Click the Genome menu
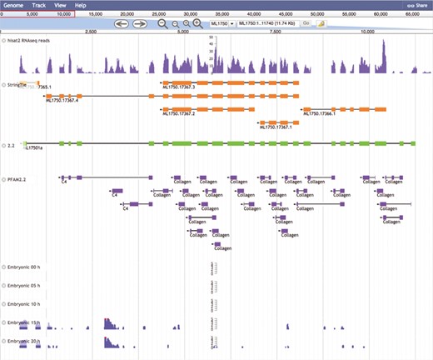(x=14, y=5)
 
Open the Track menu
(x=38, y=5)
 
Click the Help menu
(x=80, y=5)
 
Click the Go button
(x=306, y=24)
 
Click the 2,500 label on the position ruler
(x=91, y=32)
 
